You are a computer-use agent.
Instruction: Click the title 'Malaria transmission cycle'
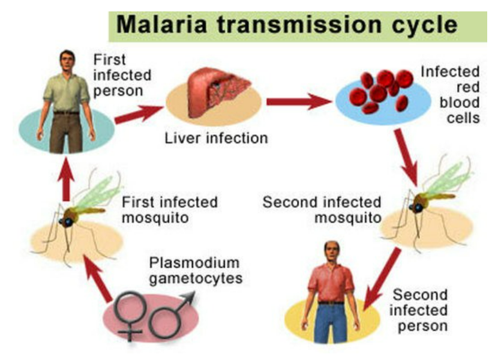point(287,25)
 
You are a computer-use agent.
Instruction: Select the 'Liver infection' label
point(216,139)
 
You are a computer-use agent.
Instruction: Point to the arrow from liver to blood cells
point(298,101)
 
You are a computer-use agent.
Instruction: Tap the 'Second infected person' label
point(420,310)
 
